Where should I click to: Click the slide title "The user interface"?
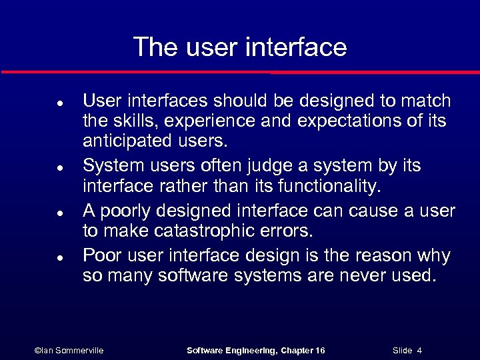(240, 47)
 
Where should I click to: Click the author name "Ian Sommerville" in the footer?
(72, 350)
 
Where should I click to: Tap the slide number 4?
(419, 350)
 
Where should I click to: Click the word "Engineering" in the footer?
(247, 350)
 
